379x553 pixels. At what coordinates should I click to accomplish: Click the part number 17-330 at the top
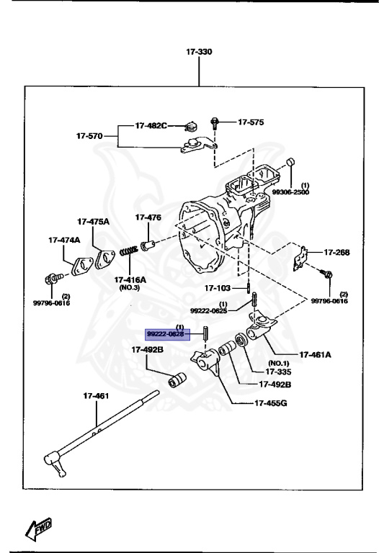[200, 53]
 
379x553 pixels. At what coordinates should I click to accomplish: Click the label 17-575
[250, 122]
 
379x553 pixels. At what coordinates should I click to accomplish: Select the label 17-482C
[150, 126]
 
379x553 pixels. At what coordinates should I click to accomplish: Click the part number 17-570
[91, 135]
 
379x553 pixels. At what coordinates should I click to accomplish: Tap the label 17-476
[148, 217]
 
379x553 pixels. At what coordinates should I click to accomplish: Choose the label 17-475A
[94, 221]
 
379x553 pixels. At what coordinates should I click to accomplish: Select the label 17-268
[336, 253]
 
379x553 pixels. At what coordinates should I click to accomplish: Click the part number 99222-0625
[208, 310]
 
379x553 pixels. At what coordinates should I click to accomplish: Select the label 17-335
[279, 372]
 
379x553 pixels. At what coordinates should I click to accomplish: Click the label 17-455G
[271, 403]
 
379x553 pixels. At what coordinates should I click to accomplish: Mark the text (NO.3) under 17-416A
[129, 287]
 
